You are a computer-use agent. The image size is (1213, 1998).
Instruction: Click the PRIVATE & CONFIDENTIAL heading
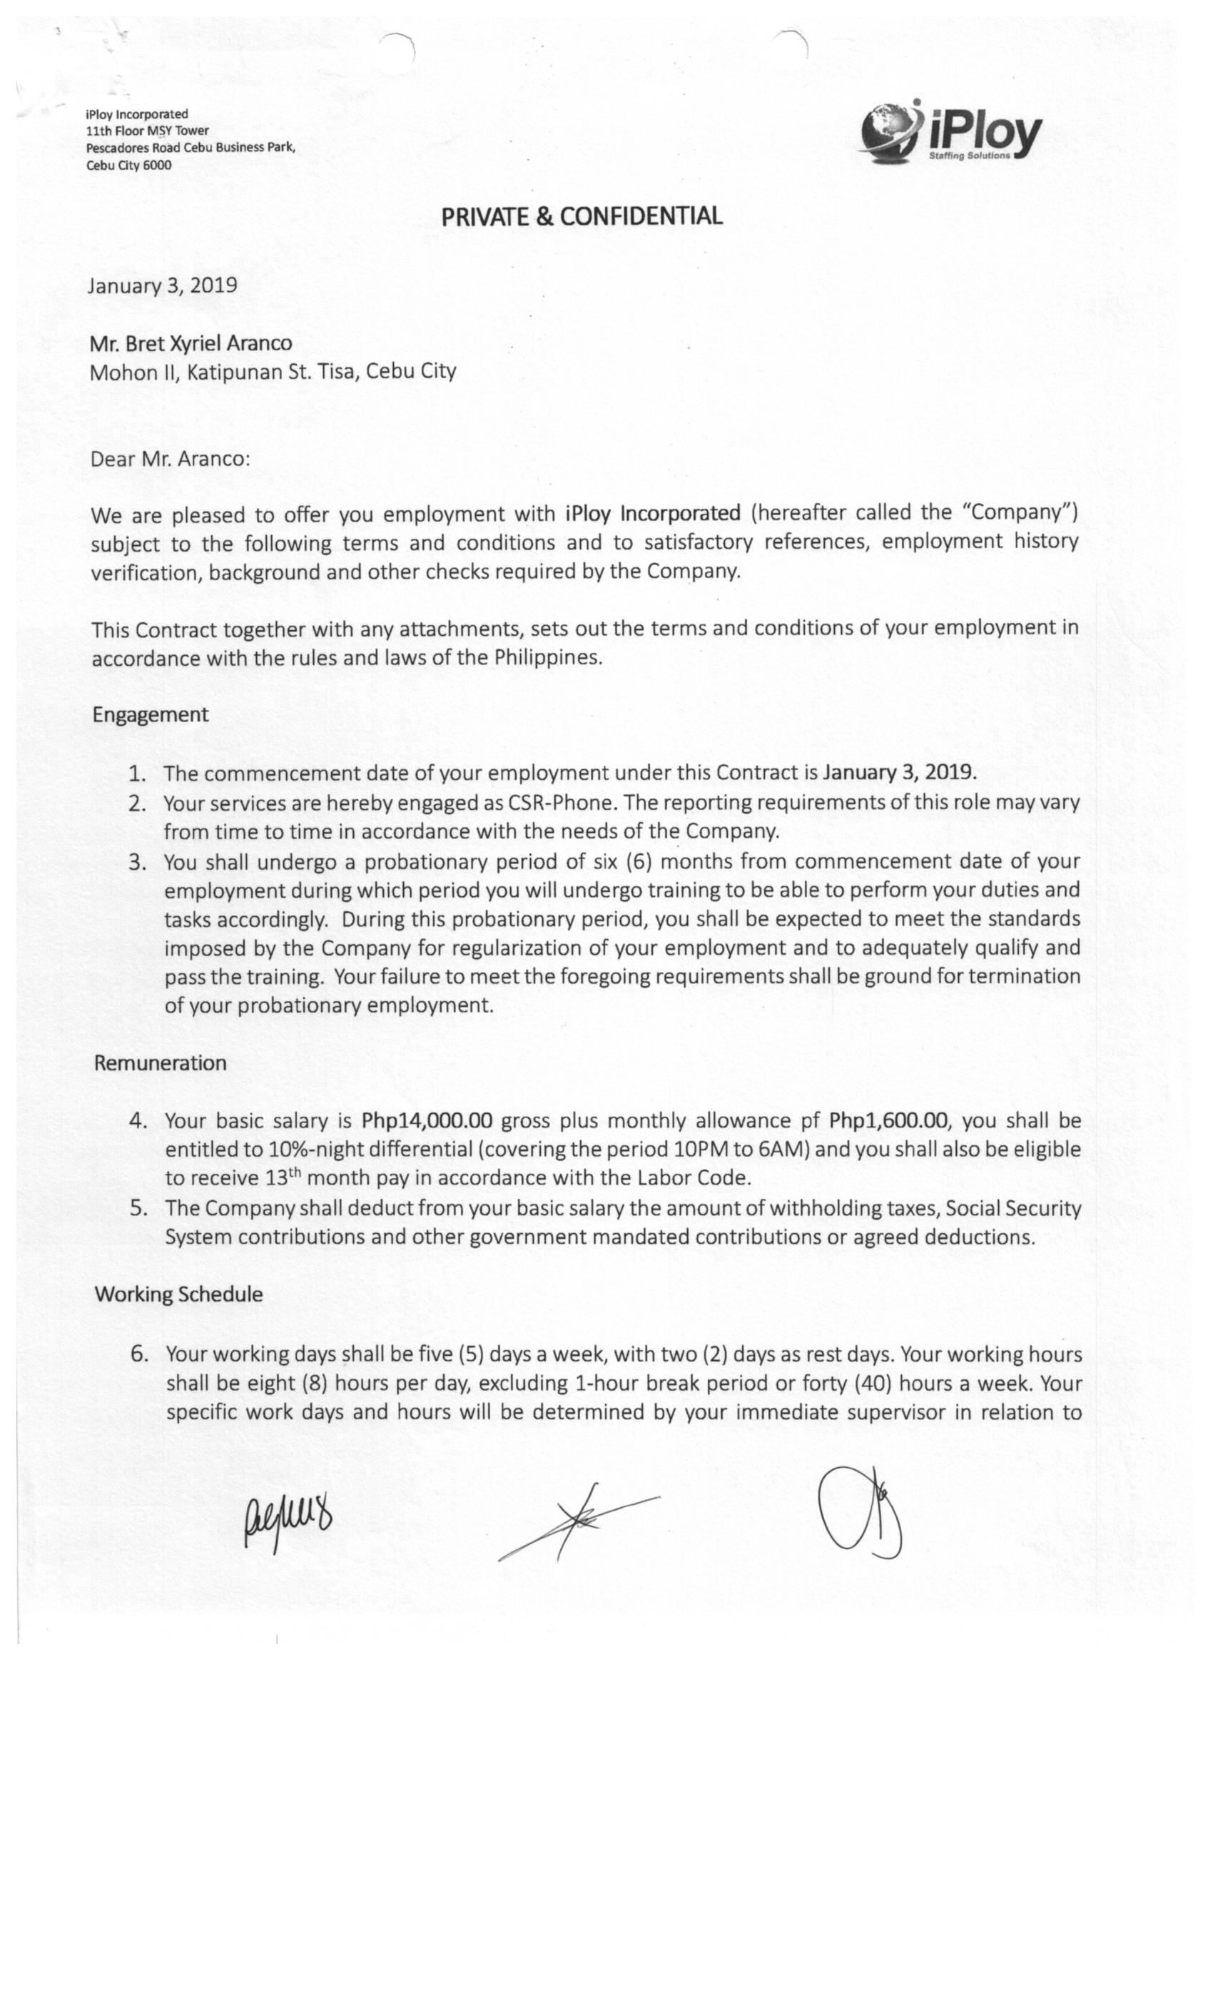coord(582,216)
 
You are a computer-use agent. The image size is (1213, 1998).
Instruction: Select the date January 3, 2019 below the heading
coord(162,285)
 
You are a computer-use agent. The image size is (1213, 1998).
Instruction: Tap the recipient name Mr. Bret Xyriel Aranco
coord(191,343)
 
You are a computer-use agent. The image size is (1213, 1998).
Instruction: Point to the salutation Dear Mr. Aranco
coord(171,459)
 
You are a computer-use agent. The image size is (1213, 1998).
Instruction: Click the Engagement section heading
coord(150,714)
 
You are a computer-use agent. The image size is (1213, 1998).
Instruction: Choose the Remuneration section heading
coord(160,1063)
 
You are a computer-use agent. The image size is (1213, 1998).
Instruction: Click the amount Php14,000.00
coord(427,1120)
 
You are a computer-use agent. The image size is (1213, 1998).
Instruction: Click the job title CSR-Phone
coord(561,802)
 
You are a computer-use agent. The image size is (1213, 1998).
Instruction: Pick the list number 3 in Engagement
coord(138,861)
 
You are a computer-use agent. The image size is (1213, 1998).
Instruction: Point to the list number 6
coord(139,1354)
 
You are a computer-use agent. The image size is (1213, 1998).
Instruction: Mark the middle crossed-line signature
coord(577,1521)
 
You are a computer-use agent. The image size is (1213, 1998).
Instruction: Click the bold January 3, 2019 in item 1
coord(898,771)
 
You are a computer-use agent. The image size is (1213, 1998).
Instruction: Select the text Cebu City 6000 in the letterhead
coord(129,165)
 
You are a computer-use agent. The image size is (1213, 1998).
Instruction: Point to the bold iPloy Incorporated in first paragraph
coord(653,513)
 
